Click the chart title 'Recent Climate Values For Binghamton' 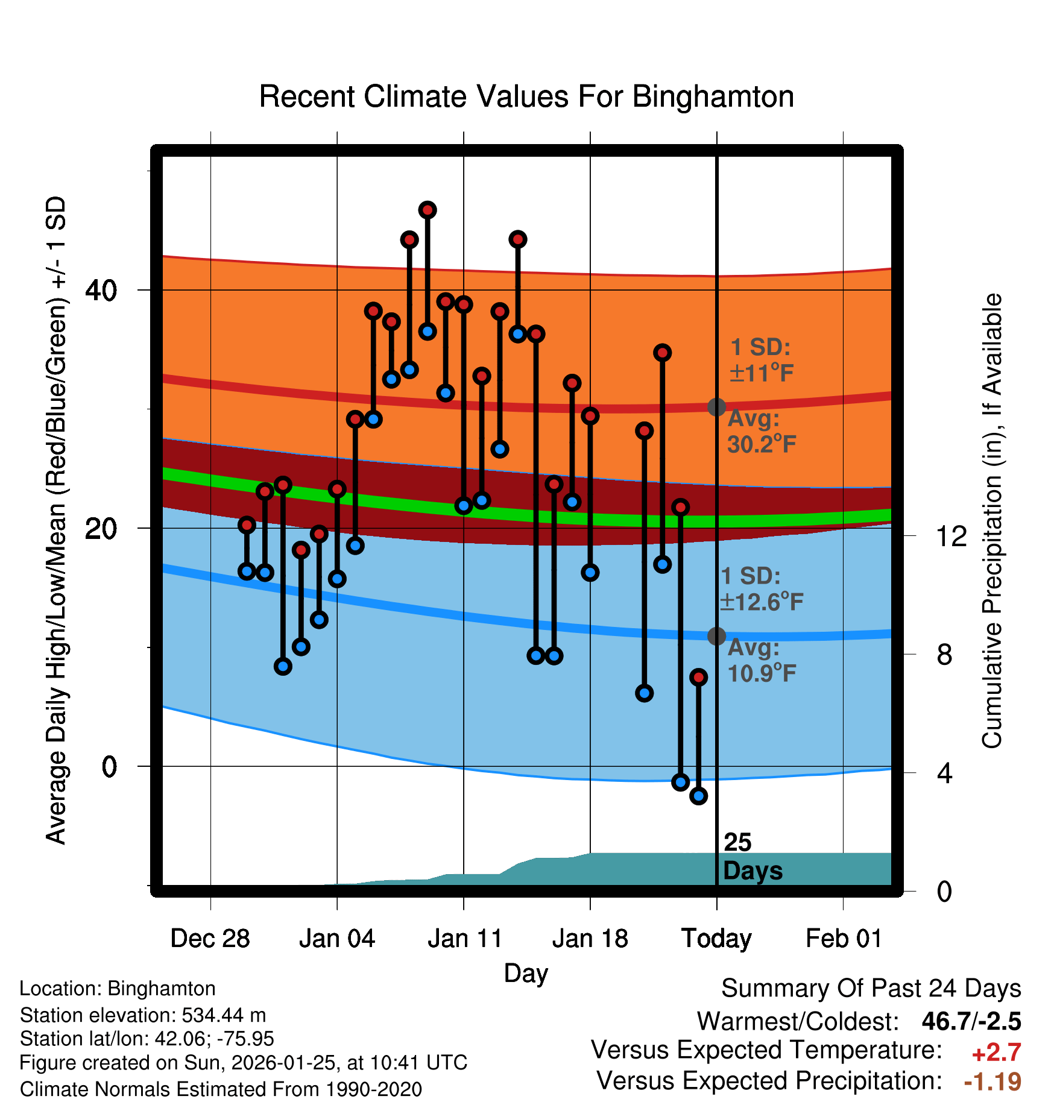[526, 96]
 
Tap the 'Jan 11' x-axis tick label [465, 939]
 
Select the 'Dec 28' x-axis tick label [210, 939]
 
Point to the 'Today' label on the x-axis [716, 939]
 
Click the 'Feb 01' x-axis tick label [844, 939]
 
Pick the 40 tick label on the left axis [101, 290]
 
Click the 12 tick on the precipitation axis [951, 536]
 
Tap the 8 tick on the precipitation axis [945, 654]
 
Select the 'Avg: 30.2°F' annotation [762, 432]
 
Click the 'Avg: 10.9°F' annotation [762, 661]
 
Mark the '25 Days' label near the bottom [752, 857]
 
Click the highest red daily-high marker [428, 210]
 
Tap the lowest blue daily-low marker [698, 796]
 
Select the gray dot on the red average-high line [716, 407]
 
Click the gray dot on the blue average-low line [716, 636]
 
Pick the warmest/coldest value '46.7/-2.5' [971, 1021]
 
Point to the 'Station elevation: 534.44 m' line [143, 1015]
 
